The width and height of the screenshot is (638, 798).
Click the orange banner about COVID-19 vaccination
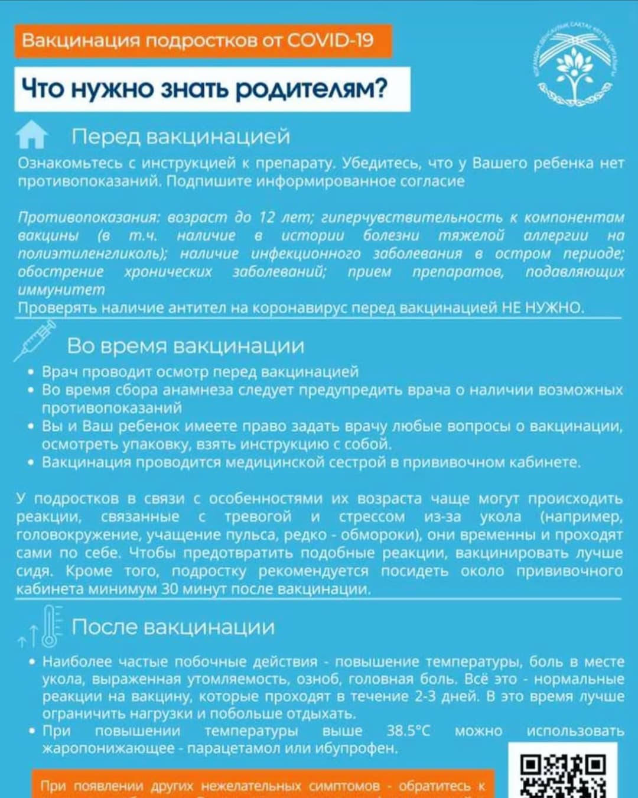pyautogui.click(x=203, y=41)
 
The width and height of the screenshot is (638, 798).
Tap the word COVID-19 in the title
pyautogui.click(x=330, y=41)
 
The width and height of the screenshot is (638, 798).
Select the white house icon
pyautogui.click(x=32, y=135)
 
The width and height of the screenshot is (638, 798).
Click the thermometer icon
pyautogui.click(x=50, y=625)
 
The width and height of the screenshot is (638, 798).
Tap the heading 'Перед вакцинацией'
pyautogui.click(x=181, y=137)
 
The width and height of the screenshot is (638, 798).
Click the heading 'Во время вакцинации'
pyautogui.click(x=185, y=346)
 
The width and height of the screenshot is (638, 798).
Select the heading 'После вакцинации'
pyautogui.click(x=173, y=627)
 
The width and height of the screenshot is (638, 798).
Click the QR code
pyautogui.click(x=563, y=774)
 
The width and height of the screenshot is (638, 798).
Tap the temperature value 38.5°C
pyautogui.click(x=408, y=731)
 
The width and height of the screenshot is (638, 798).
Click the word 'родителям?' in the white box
pyautogui.click(x=311, y=89)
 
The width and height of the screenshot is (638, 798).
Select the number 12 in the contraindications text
pyautogui.click(x=267, y=218)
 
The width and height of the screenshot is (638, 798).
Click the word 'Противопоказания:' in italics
pyautogui.click(x=88, y=218)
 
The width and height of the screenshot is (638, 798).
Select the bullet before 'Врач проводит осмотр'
pyautogui.click(x=31, y=372)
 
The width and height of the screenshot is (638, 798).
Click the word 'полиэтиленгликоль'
pyautogui.click(x=92, y=254)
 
